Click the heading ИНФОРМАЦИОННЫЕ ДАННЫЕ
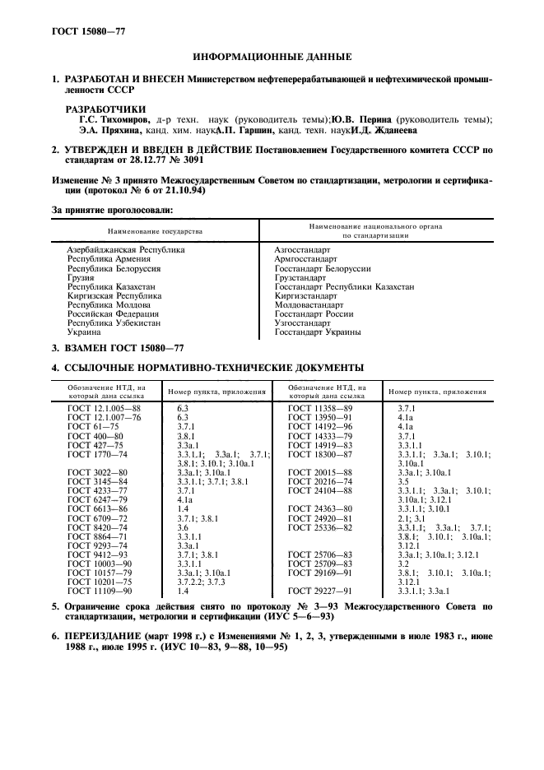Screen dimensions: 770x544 [272, 57]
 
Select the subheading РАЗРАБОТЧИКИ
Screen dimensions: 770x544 [105, 109]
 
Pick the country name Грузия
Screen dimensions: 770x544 [80, 277]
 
